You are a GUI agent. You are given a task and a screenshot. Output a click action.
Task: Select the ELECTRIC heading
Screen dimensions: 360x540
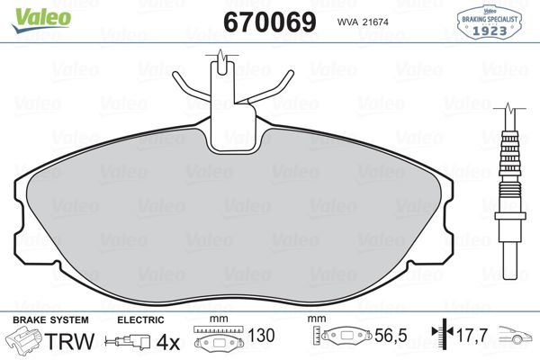coord(141,319)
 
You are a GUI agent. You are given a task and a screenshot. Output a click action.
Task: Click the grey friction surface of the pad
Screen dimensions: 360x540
coord(235,216)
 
